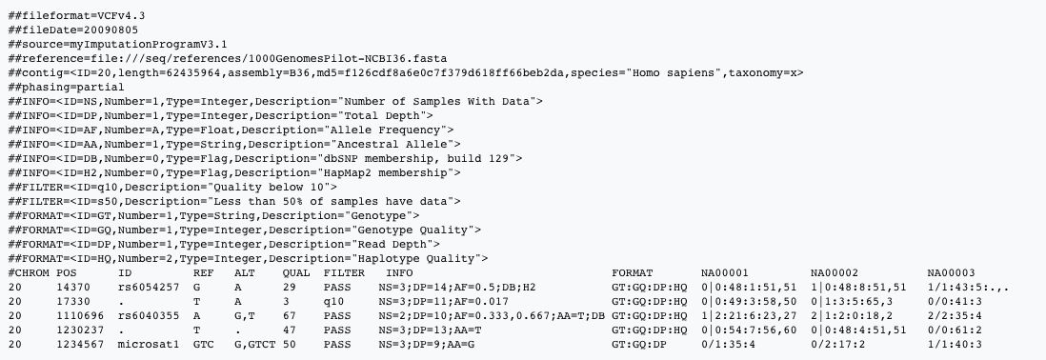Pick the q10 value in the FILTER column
click(333, 300)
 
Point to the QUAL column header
click(297, 272)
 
